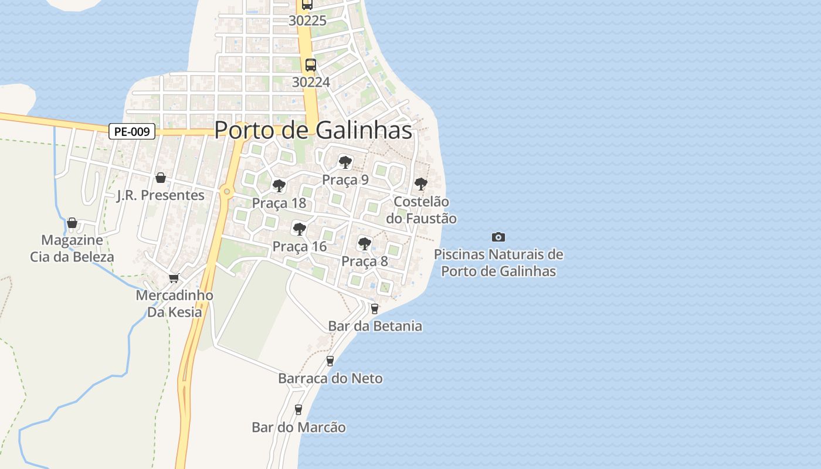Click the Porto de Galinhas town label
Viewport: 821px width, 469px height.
[313, 130]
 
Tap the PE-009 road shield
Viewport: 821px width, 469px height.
[132, 131]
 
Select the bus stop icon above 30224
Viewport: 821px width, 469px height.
[311, 64]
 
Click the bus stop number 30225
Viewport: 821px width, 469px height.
[307, 21]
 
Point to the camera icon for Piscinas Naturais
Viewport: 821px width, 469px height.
[498, 237]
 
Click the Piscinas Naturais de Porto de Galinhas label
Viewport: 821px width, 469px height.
[498, 263]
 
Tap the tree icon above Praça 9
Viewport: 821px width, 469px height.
[345, 162]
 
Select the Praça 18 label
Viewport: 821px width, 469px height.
[279, 203]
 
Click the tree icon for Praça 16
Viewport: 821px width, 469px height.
[300, 229]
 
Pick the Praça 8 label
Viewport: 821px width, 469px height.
[365, 261]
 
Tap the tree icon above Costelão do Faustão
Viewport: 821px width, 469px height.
[421, 183]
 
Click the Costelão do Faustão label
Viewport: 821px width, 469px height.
[421, 210]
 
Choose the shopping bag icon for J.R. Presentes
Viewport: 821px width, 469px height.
[161, 178]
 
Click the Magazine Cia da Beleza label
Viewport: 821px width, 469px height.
[72, 248]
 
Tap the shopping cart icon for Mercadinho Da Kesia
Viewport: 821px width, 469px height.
[174, 278]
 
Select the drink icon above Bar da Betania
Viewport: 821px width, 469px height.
[375, 308]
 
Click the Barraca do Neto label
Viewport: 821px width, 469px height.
[330, 378]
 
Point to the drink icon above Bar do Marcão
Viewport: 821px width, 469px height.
[298, 409]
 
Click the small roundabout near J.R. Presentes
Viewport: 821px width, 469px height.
[227, 191]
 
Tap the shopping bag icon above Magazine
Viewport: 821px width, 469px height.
[72, 223]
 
